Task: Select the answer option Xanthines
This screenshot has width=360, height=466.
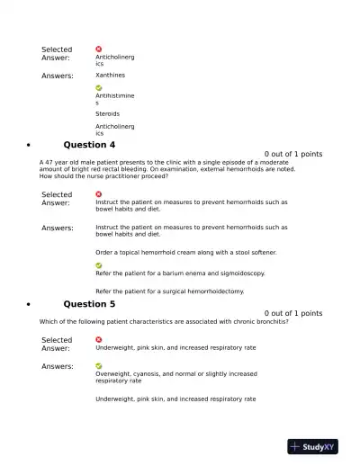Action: coord(111,76)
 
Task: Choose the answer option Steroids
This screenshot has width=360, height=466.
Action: coord(108,114)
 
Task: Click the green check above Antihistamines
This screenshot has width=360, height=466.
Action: coord(99,88)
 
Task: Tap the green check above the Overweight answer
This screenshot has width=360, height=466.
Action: coord(99,366)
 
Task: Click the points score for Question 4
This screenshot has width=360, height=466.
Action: coord(293,154)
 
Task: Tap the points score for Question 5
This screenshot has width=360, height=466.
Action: coord(293,313)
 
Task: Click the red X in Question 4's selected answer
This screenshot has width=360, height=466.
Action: coord(99,193)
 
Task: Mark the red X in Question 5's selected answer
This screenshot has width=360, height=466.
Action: coord(99,340)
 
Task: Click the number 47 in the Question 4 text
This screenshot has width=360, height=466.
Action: coord(50,162)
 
